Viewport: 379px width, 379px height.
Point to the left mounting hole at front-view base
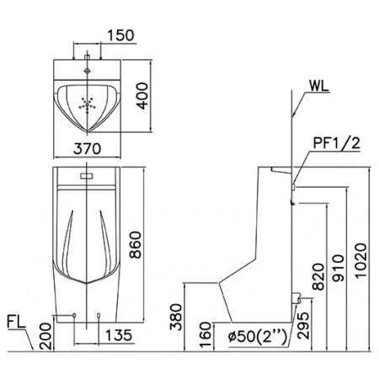pos(76,316)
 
